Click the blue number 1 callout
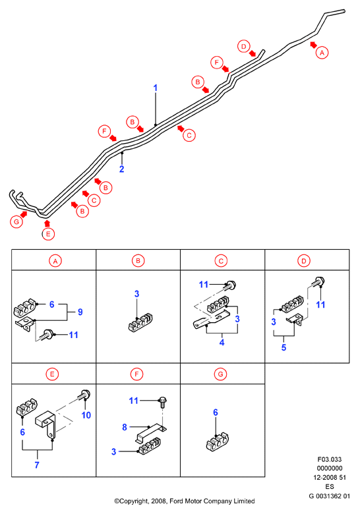pos(156,88)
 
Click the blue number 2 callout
pos(121,169)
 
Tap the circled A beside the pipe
pos(322,53)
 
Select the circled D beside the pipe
pos(243,46)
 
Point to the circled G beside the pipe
pos(16,222)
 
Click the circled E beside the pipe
pos(48,234)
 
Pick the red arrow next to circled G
pos(24,214)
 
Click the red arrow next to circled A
pos(313,45)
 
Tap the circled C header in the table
pos(221,261)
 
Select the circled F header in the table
pos(136,374)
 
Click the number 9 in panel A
pos(80,312)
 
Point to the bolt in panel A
pos(47,334)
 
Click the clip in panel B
pos(140,322)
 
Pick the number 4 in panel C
pos(222,343)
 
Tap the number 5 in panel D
pos(284,347)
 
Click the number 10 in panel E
pos(86,415)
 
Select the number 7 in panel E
pos(37,465)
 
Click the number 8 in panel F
pos(125,427)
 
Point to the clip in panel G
pos(218,442)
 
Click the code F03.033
pos(330,459)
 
